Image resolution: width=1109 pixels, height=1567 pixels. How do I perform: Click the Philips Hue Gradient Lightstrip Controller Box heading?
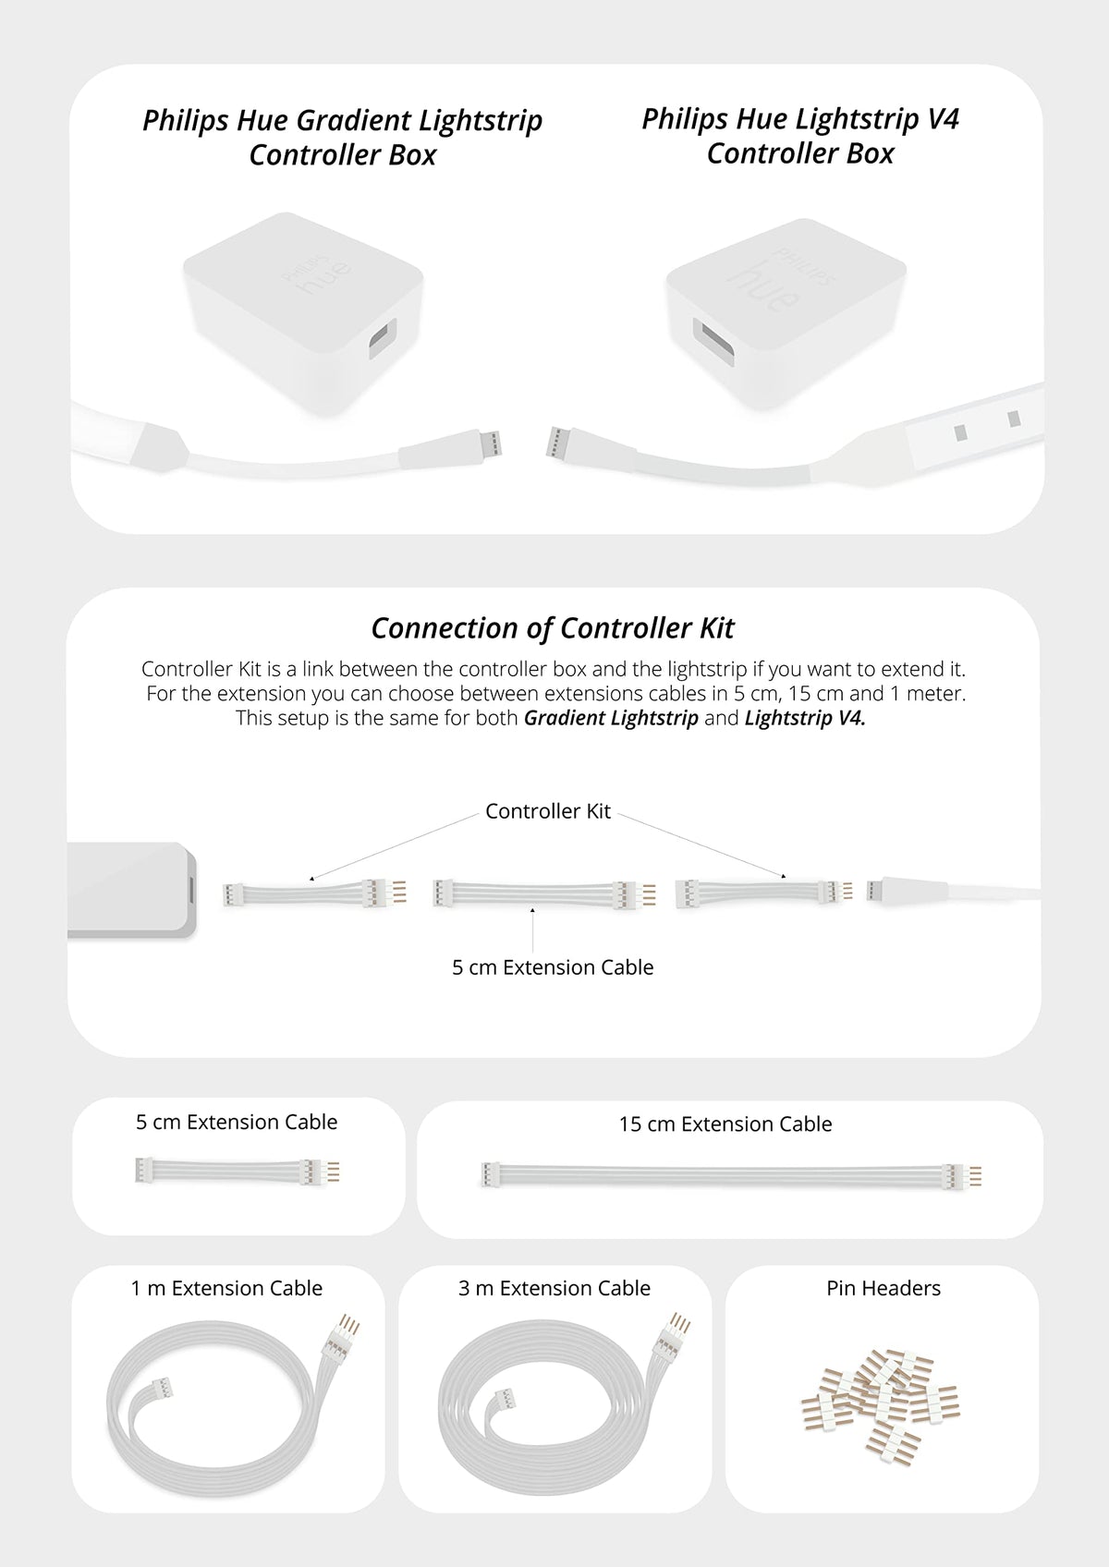pos(342,137)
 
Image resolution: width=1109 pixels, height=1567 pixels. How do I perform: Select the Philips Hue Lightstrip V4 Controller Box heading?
pos(800,136)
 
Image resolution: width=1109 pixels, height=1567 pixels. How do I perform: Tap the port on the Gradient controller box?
pos(382,338)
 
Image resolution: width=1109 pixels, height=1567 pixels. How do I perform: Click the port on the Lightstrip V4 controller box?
pos(713,341)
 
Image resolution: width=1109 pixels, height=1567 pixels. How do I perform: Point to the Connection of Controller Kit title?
pos(553,628)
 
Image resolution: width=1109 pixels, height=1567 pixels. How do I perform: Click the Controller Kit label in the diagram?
pos(548,811)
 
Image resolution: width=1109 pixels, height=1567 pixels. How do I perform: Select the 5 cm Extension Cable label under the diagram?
pos(553,966)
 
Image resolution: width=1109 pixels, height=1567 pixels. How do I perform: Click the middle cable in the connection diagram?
pos(544,894)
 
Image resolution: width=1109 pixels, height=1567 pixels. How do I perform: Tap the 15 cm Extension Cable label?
pos(725,1124)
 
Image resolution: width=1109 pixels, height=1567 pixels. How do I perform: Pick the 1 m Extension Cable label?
pos(226,1288)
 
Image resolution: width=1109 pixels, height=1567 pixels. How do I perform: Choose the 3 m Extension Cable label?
pos(554,1288)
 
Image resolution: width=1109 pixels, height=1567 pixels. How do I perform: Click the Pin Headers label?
pos(884,1288)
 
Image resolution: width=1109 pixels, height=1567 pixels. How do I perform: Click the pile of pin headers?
pos(880,1407)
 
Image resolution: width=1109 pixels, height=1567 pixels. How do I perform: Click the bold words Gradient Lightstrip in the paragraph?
pos(611,718)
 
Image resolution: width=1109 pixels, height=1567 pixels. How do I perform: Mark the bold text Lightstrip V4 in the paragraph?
pos(805,718)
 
